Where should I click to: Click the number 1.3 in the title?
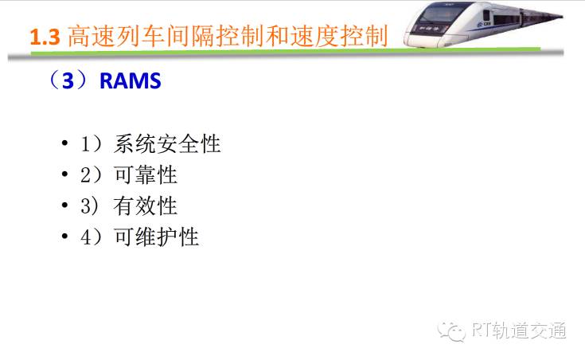(45, 37)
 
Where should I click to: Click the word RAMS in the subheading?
(131, 80)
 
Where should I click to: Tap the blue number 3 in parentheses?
(68, 80)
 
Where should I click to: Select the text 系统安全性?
(167, 143)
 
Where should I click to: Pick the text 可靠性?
(146, 174)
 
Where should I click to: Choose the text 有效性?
(146, 205)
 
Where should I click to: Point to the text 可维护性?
(156, 237)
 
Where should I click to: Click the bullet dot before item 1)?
(65, 143)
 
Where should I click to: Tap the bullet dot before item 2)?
(65, 174)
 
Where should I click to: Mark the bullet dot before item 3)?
(65, 205)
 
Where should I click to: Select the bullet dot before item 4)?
(65, 236)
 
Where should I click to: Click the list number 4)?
(91, 237)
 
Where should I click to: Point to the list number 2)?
(91, 174)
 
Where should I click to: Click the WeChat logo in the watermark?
(452, 331)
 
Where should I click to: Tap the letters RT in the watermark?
(481, 330)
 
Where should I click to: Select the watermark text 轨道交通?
(528, 330)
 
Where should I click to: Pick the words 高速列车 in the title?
(116, 37)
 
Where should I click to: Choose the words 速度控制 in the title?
(339, 37)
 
